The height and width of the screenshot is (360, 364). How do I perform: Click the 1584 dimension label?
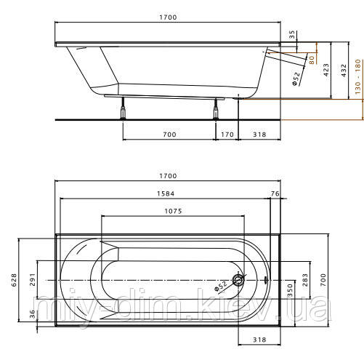[x=166, y=193]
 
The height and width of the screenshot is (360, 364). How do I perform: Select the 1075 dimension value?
[x=173, y=211]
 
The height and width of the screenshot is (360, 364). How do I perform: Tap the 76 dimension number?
[x=275, y=193]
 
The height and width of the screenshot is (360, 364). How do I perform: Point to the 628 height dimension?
[x=14, y=280]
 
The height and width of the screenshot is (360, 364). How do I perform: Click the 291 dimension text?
[x=33, y=279]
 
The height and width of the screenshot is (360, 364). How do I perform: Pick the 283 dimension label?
[x=305, y=279]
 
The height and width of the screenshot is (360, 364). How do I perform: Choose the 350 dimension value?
[x=290, y=291]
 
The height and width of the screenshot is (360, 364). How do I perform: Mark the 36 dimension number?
[x=33, y=314]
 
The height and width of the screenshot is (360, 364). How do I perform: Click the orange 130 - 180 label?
[x=358, y=76]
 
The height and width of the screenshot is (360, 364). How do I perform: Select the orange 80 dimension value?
[x=312, y=60]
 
